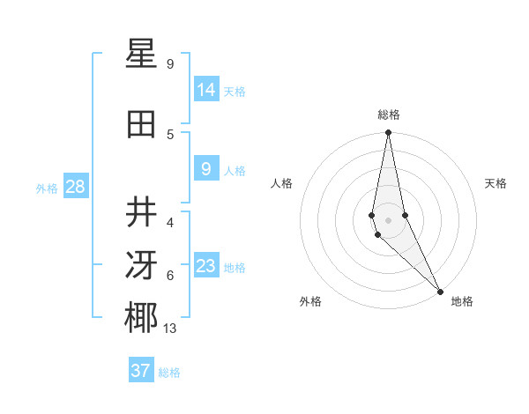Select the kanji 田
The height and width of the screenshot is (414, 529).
click(x=142, y=124)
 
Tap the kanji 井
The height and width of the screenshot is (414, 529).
click(x=142, y=212)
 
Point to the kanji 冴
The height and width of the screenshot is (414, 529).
click(x=142, y=265)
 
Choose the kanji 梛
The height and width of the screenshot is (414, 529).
click(x=142, y=318)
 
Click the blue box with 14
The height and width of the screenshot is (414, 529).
click(x=206, y=90)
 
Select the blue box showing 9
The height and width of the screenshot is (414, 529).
click(x=206, y=169)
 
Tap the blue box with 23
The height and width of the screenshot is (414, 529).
click(x=206, y=266)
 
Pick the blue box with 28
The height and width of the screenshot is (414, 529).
click(x=75, y=187)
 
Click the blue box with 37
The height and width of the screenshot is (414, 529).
click(x=141, y=371)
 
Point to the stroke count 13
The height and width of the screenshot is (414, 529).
click(x=169, y=329)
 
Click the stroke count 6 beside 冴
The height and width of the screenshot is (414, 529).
click(x=170, y=276)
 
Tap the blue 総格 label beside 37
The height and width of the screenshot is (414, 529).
click(x=169, y=373)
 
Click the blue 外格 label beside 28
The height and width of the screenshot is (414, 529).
click(x=47, y=188)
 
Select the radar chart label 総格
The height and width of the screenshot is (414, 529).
click(x=389, y=115)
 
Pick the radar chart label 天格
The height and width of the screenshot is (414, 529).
click(x=495, y=183)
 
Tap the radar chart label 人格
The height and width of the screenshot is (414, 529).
click(x=282, y=183)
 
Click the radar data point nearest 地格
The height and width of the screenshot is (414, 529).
click(x=439, y=290)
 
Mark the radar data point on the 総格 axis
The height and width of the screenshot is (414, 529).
click(x=388, y=133)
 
